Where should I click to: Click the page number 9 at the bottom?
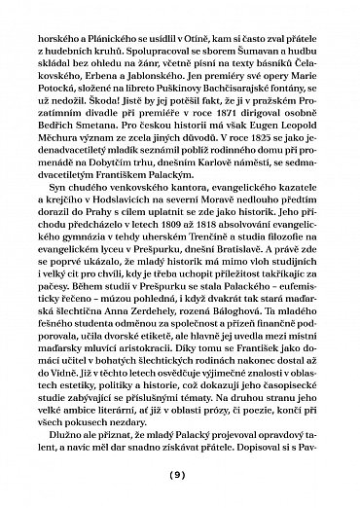(x=180, y=476)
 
